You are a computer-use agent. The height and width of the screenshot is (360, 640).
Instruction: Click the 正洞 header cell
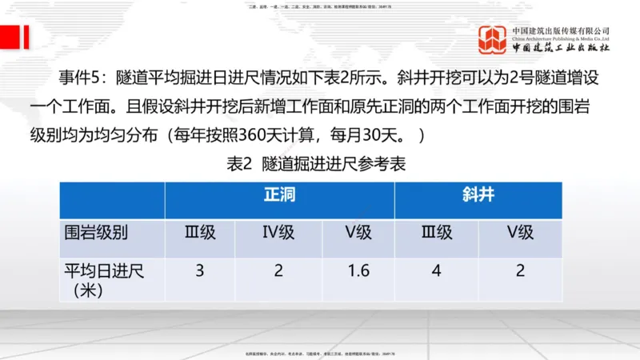[x=279, y=195]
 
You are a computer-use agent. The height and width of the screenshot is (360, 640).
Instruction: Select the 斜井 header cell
[x=478, y=195]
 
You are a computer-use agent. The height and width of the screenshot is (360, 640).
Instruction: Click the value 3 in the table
[x=200, y=270]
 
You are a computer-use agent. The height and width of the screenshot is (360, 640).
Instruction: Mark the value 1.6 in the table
[x=358, y=270]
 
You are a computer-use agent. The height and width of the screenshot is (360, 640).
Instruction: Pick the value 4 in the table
[x=437, y=270]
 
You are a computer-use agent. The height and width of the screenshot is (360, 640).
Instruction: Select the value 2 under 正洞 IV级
[x=278, y=270]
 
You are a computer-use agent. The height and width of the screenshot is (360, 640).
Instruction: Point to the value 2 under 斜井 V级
[x=520, y=270]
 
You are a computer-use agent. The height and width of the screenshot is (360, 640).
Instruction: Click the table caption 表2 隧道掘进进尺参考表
[x=318, y=163]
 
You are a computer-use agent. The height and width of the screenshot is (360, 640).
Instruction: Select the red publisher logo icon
[x=493, y=40]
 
